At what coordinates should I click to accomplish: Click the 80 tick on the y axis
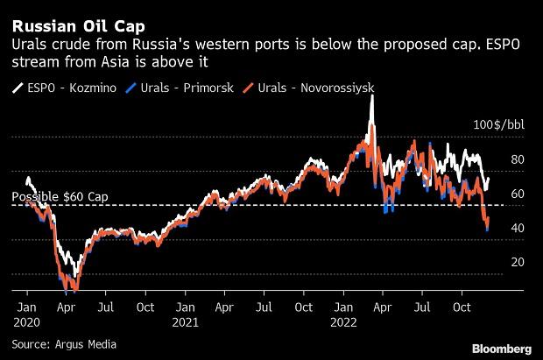pos(518,160)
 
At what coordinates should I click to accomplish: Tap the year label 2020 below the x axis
pos(27,323)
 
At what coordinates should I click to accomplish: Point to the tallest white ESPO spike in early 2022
pos(372,95)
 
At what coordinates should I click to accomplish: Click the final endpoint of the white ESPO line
pos(489,179)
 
